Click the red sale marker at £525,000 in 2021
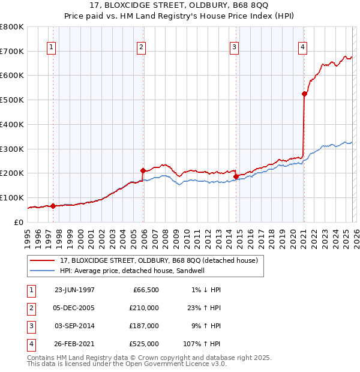tap(304, 94)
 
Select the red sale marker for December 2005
tap(143, 170)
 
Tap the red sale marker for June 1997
tap(53, 206)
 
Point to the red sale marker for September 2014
tap(236, 176)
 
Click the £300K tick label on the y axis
tap(12, 149)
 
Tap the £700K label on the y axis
tap(12, 51)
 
